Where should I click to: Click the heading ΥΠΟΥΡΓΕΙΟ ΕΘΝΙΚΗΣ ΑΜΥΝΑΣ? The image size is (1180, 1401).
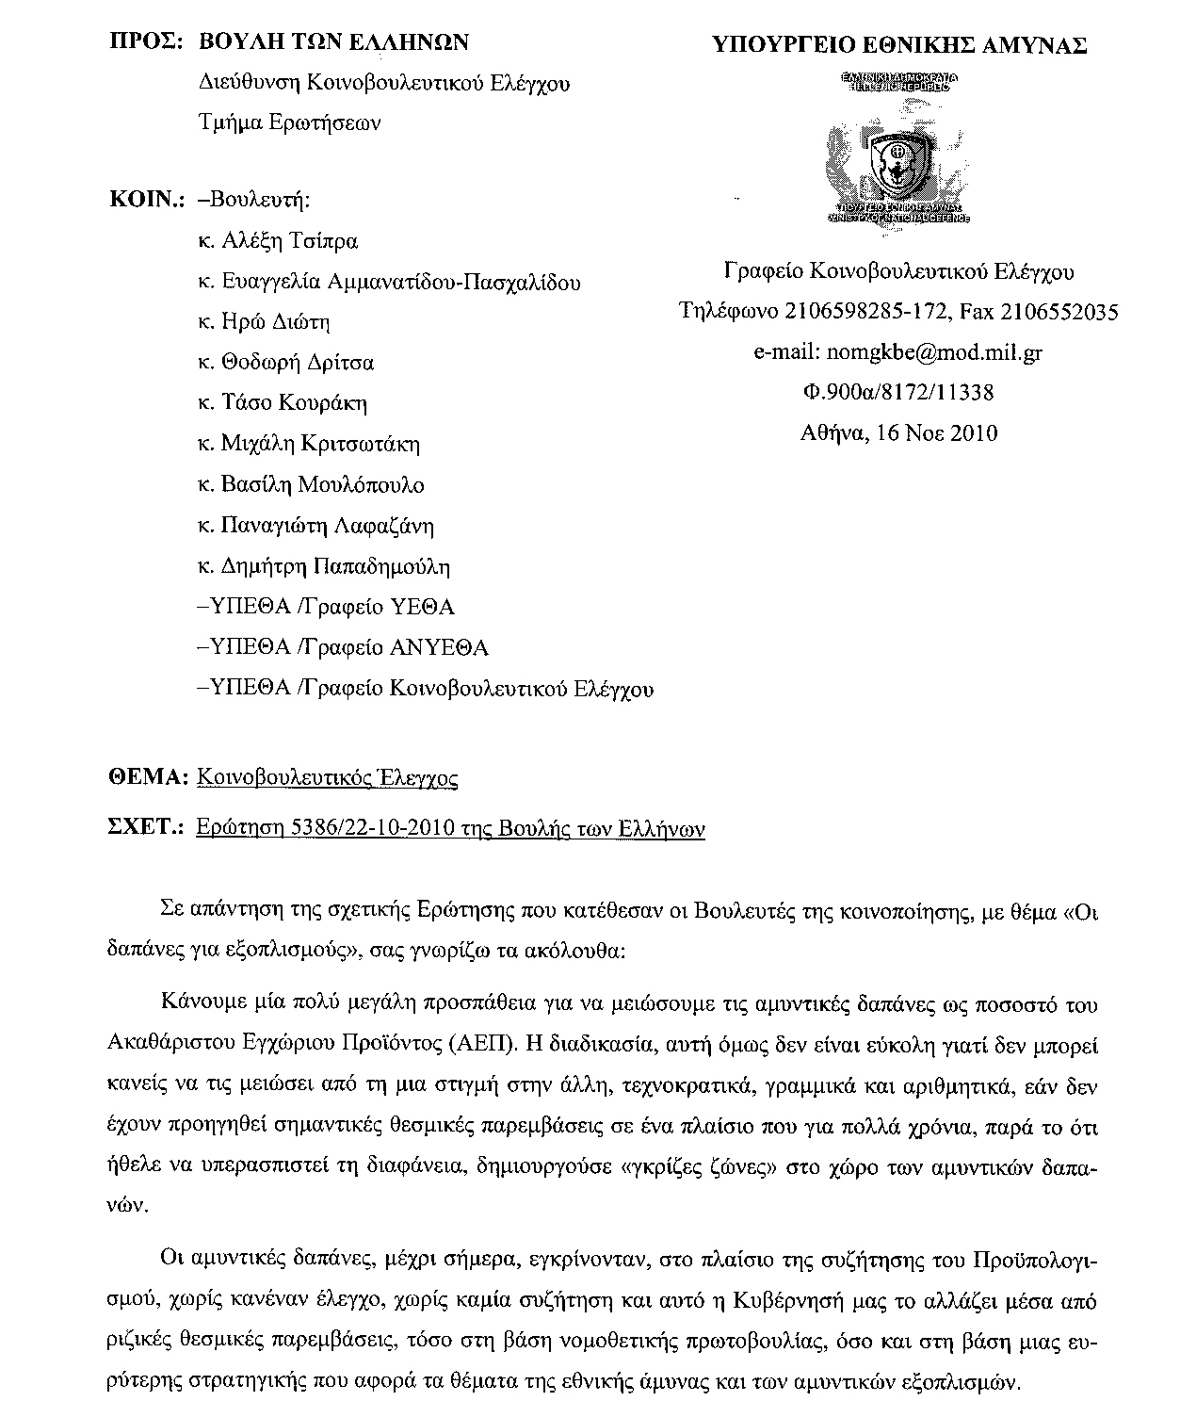pyautogui.click(x=898, y=44)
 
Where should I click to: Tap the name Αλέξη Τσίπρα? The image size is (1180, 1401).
pyautogui.click(x=289, y=241)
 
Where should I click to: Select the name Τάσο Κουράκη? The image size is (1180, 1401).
pyautogui.click(x=293, y=403)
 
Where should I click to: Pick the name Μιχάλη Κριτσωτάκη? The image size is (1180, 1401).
pyautogui.click(x=319, y=444)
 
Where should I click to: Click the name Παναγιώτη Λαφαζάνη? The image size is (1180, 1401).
pyautogui.click(x=327, y=526)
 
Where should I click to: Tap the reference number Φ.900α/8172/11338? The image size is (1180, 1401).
pyautogui.click(x=897, y=392)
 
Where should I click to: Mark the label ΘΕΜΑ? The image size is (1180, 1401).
pyautogui.click(x=150, y=777)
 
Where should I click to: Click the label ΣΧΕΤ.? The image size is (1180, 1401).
pyautogui.click(x=148, y=828)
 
